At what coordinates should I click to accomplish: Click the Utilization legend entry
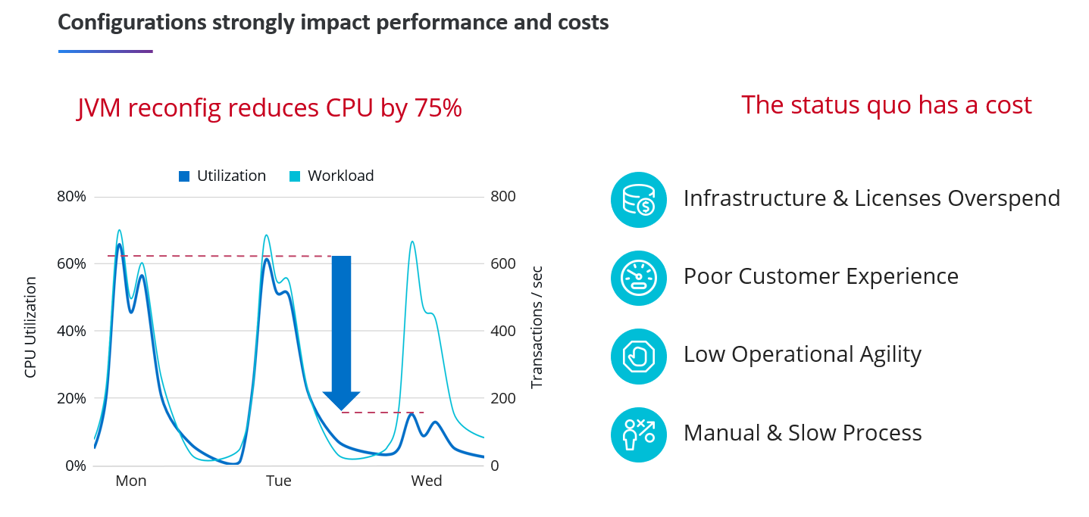coord(222,176)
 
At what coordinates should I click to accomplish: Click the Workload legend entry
coord(332,176)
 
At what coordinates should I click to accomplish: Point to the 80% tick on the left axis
coord(72,197)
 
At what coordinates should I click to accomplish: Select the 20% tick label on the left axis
coord(72,399)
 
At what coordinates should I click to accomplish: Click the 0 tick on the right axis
coord(495,466)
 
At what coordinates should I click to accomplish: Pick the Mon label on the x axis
coord(131,481)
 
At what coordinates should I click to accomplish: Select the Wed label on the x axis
coord(427,481)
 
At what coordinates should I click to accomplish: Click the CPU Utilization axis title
coord(30,327)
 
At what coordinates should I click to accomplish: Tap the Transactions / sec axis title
coord(537,327)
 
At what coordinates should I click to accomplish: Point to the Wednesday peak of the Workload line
coord(412,242)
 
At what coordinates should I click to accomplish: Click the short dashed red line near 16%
coord(383,413)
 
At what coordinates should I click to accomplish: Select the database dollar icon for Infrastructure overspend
coord(638,199)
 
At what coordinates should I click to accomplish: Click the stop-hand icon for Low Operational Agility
coord(638,356)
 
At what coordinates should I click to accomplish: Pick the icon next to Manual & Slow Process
coord(638,434)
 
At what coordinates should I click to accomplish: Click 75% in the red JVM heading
coord(438,109)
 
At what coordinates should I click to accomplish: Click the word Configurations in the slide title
coord(130,22)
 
